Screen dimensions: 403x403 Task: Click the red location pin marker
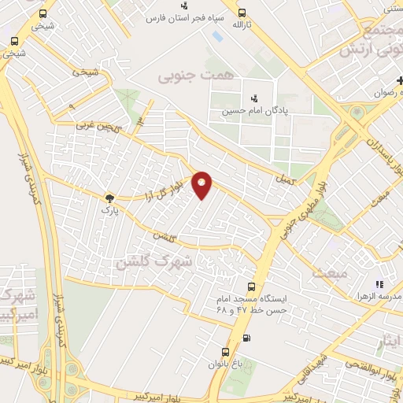point(202,184)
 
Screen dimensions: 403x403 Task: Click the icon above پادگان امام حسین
point(253,98)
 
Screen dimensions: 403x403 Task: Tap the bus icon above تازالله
point(241,13)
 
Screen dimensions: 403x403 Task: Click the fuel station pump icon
point(247,338)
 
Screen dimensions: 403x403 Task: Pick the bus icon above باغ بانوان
point(225,352)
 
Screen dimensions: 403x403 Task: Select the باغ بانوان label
point(225,364)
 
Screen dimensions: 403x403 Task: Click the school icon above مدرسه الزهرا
point(379,284)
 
